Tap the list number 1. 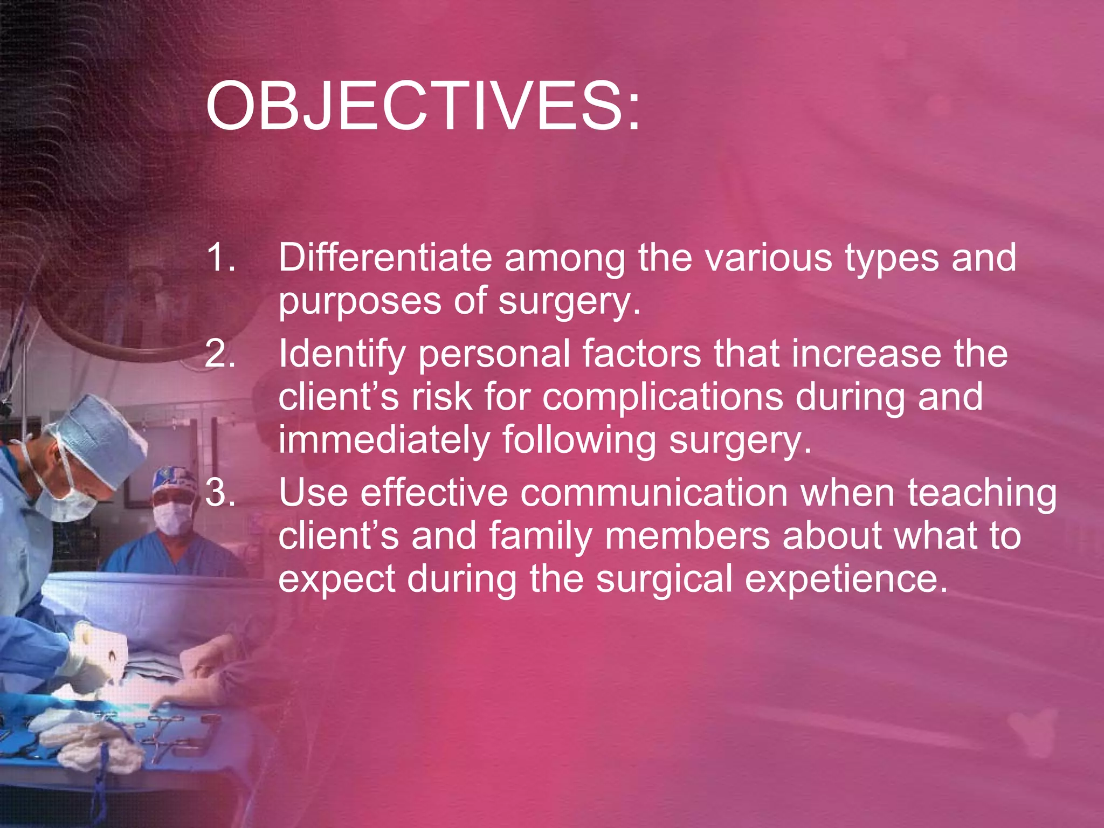pyautogui.click(x=220, y=257)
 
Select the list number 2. pyautogui.click(x=220, y=354)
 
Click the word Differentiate pyautogui.click(x=385, y=257)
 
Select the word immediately pyautogui.click(x=384, y=440)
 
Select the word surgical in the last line pyautogui.click(x=664, y=579)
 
